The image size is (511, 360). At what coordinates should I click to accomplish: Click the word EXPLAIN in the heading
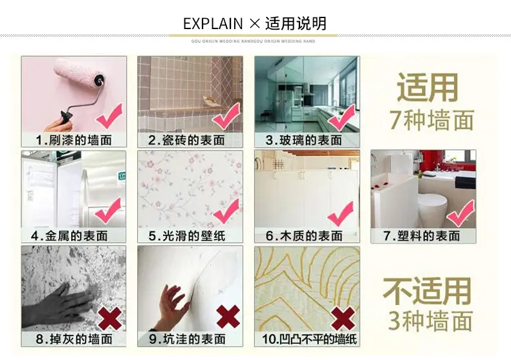click(213, 25)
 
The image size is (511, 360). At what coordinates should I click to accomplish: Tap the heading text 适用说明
click(296, 25)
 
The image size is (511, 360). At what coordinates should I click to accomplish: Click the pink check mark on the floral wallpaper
click(227, 212)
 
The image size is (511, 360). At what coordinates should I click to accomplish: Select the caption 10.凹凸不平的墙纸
click(307, 339)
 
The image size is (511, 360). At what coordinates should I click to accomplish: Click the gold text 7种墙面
click(431, 120)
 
